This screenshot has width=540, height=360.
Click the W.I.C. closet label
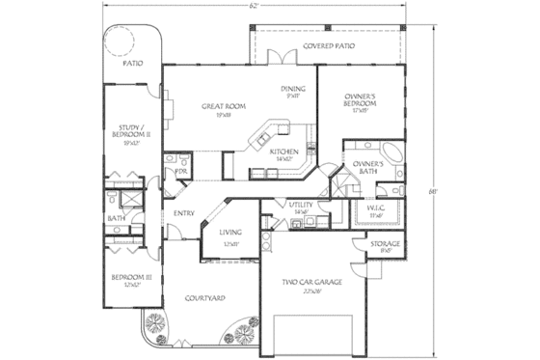click(377, 209)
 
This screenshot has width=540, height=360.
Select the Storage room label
click(387, 245)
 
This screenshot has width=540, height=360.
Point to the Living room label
click(229, 233)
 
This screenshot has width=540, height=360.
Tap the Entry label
click(184, 213)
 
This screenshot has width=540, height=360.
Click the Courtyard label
click(204, 298)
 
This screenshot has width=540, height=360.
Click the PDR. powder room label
click(179, 171)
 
